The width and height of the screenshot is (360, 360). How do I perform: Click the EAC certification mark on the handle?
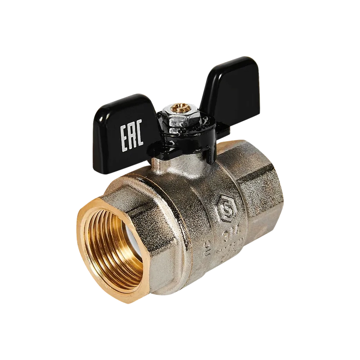click(x=131, y=134)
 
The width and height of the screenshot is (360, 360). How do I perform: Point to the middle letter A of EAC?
click(x=131, y=134)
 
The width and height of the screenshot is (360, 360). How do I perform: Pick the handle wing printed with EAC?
click(x=126, y=130)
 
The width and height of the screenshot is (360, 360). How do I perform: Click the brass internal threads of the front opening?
click(x=108, y=252)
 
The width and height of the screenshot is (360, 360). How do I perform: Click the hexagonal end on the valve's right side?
click(x=259, y=194)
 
